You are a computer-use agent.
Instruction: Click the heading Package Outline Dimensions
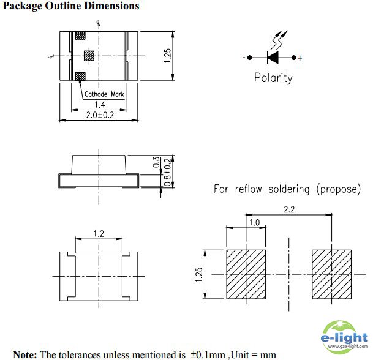71,6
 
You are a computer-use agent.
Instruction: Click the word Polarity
273,78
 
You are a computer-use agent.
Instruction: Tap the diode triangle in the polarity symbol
274,58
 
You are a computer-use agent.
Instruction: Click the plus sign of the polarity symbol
300,59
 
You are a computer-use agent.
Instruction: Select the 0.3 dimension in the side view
156,163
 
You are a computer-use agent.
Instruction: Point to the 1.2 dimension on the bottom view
98,233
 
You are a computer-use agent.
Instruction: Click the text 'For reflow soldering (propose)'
287,189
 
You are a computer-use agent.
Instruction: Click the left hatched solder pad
246,274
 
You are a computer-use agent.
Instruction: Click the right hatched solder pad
331,274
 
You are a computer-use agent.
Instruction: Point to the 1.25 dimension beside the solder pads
198,274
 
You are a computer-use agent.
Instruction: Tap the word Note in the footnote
25,354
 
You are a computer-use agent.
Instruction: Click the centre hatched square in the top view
88,56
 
